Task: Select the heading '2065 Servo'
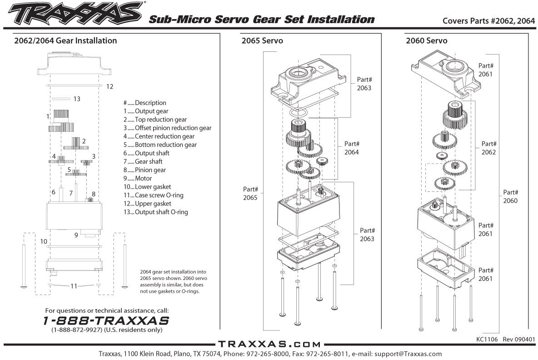(262, 41)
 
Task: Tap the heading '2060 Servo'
(426, 41)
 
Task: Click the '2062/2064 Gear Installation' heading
(65, 41)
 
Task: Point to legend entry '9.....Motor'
(138, 179)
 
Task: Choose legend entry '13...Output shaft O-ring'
(155, 212)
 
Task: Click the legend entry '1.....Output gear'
(145, 111)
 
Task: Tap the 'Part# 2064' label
(351, 147)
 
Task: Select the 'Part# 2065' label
(250, 193)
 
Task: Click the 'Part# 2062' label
(489, 148)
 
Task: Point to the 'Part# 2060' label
(510, 196)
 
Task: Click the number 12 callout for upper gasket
(110, 86)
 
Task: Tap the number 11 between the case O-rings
(73, 286)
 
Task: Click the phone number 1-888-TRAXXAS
(106, 320)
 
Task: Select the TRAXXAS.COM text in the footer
(269, 344)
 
